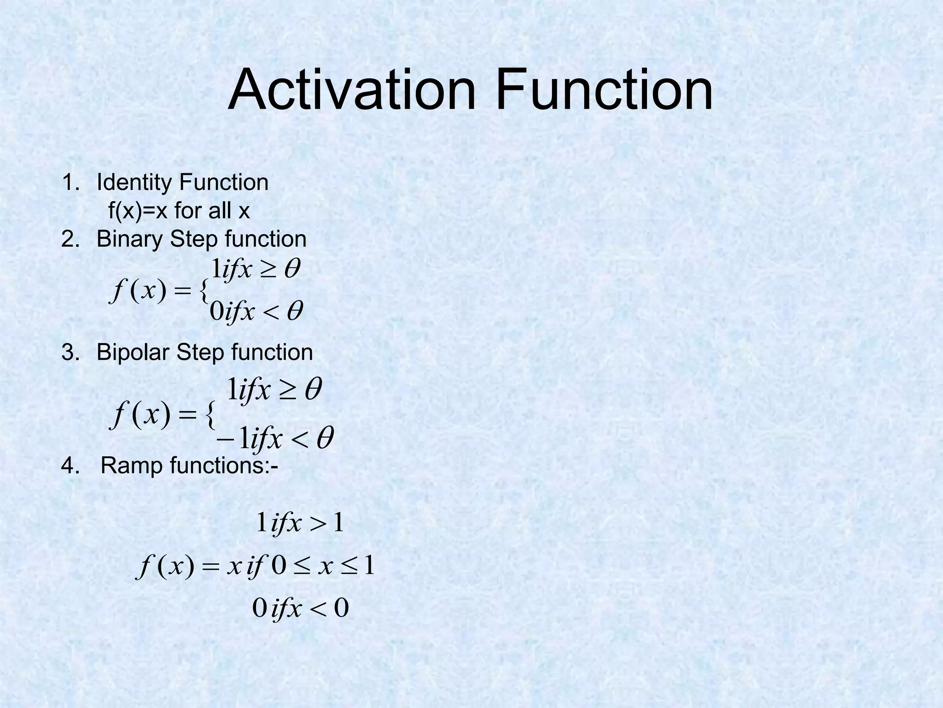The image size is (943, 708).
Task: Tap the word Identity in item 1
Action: [134, 183]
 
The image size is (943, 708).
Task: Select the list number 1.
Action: [70, 183]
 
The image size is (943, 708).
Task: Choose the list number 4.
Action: [70, 466]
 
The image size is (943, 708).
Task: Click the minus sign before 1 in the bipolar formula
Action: [225, 439]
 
